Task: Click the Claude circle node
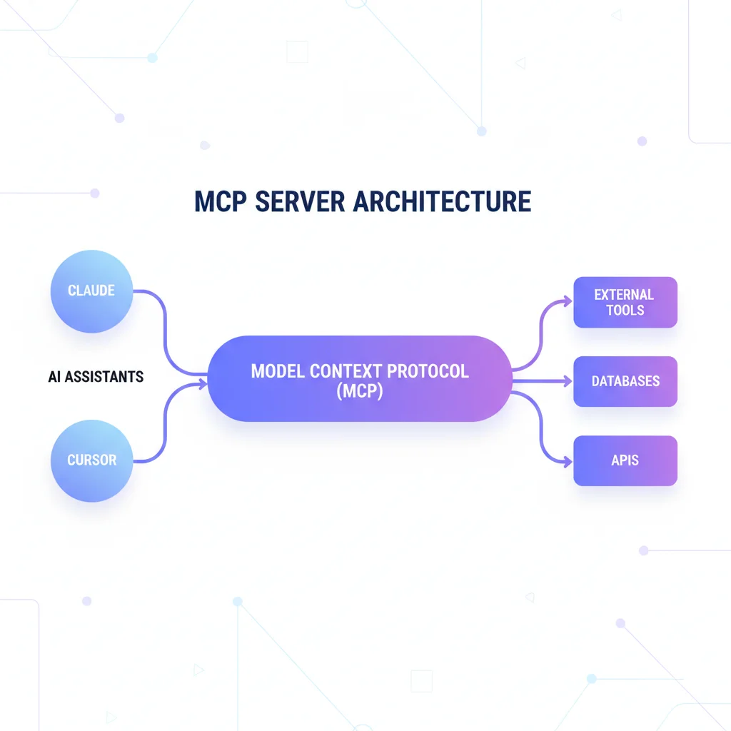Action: coord(91,291)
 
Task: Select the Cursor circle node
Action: coord(91,460)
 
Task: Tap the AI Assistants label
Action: coord(96,376)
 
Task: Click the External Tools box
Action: coord(625,302)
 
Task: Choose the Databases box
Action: coord(625,381)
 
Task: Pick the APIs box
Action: coord(625,460)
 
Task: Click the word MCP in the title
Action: coord(221,202)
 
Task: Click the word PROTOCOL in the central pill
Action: coord(428,371)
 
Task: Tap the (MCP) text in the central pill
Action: coord(359,392)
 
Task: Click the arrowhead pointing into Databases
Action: coord(569,381)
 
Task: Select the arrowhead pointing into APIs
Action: coord(569,462)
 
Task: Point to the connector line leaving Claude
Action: coord(164,314)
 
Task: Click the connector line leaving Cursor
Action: coord(164,428)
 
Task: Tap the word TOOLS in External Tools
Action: coord(625,311)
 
